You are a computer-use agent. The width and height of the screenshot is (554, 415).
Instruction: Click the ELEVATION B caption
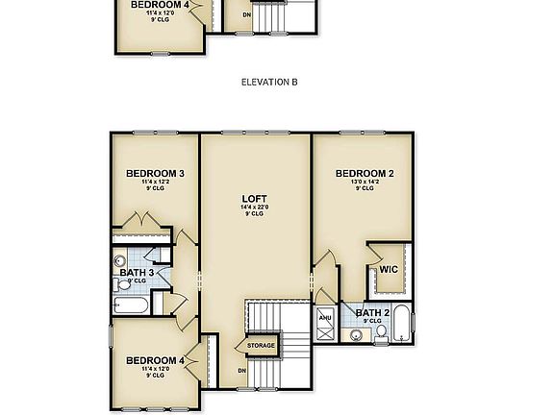(x=268, y=83)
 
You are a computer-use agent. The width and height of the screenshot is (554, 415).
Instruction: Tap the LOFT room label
(x=254, y=199)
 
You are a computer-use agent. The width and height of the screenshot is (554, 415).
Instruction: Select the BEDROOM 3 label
(x=155, y=174)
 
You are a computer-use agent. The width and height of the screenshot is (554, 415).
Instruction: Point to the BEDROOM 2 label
(x=364, y=174)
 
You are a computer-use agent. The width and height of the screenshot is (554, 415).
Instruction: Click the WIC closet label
(x=389, y=270)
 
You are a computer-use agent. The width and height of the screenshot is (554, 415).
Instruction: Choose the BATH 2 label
(x=372, y=313)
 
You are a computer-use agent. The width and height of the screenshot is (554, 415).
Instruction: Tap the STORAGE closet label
(x=261, y=346)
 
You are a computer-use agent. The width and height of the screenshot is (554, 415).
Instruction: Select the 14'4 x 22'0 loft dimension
(x=254, y=207)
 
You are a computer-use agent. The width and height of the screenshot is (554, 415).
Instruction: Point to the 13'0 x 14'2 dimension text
(x=364, y=183)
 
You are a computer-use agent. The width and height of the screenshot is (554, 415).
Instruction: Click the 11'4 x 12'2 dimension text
(x=155, y=183)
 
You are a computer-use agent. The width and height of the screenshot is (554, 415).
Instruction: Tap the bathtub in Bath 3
(x=130, y=306)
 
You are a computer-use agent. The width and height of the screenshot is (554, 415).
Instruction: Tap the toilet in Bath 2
(x=381, y=332)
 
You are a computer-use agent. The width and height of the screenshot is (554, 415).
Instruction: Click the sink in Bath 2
(x=356, y=334)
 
